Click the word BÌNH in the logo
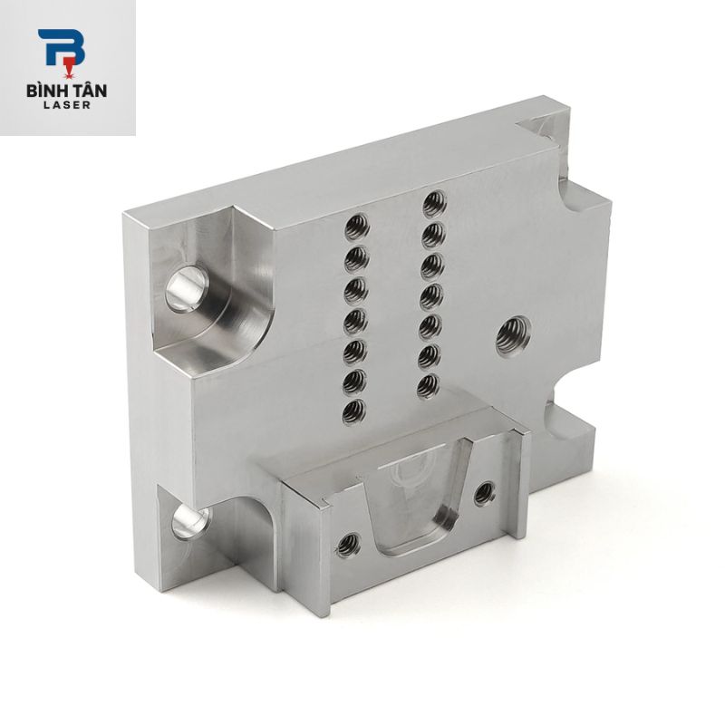pos(47,90)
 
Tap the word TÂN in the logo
pos(89,90)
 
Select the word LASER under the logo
pos(66,105)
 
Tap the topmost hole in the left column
pos(356,227)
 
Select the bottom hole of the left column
pos(354,411)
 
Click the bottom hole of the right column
pos(428,387)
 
